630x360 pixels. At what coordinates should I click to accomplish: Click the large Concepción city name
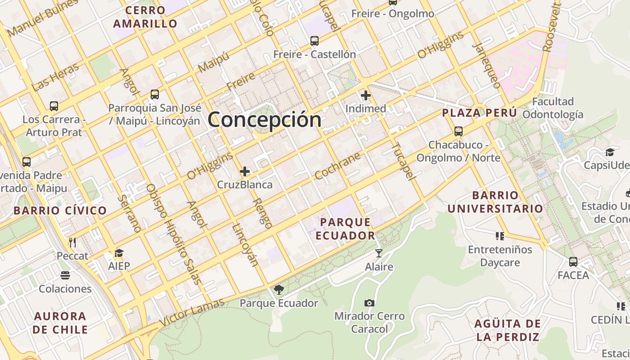(x=265, y=120)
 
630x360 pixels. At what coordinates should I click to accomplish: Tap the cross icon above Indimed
(x=366, y=95)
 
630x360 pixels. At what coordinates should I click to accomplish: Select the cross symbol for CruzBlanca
(x=245, y=171)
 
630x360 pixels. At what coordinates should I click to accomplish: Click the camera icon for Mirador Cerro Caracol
(x=369, y=303)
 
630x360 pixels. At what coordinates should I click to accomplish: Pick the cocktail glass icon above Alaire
(x=379, y=253)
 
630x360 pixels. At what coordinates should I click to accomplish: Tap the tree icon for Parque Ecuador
(x=279, y=289)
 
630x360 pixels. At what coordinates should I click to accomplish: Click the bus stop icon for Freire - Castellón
(x=315, y=41)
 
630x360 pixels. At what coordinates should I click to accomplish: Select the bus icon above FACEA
(x=573, y=261)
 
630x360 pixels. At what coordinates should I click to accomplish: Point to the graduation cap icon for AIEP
(x=119, y=253)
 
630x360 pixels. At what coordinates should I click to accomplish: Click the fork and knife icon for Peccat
(x=72, y=243)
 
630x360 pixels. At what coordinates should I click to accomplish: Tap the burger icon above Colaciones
(x=65, y=275)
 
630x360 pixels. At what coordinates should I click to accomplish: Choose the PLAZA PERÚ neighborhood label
(x=480, y=113)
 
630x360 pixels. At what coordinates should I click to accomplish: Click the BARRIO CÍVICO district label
(x=60, y=210)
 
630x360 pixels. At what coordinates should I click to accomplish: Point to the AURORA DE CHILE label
(x=60, y=323)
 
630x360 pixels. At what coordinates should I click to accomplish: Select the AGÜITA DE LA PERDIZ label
(x=507, y=330)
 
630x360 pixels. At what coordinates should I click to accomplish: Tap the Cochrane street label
(x=338, y=166)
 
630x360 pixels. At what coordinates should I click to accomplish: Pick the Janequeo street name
(x=487, y=66)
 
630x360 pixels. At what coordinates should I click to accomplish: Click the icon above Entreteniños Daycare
(x=499, y=236)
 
